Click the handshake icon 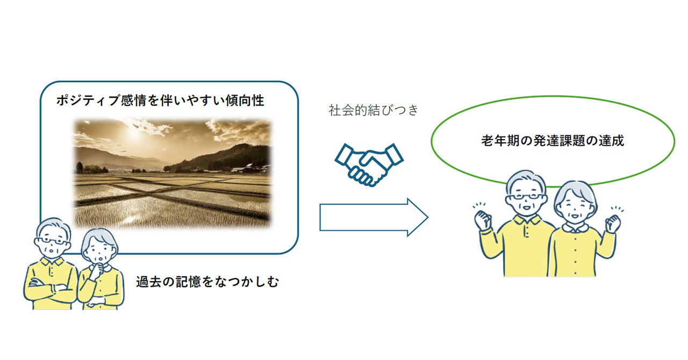[x=369, y=164]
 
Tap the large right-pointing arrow [x=374, y=217]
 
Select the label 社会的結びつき [x=374, y=110]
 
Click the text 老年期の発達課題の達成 [x=553, y=141]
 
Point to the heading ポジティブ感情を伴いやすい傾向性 [x=160, y=100]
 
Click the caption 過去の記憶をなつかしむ [x=207, y=282]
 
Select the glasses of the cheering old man [x=526, y=196]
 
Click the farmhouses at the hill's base [x=249, y=168]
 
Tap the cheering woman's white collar [x=575, y=228]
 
